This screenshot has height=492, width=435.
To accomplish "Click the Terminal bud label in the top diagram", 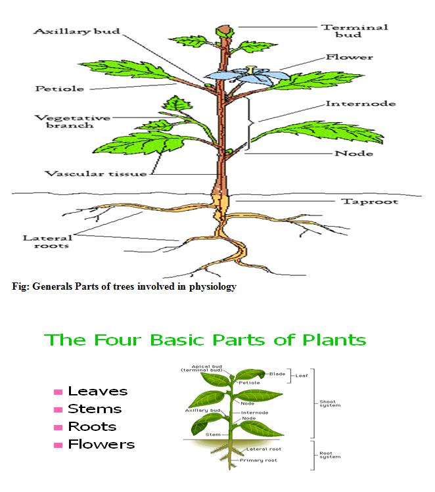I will [x=345, y=30].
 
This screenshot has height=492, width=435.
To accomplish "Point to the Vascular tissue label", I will [x=96, y=174].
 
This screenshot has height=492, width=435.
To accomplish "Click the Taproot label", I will [x=369, y=201].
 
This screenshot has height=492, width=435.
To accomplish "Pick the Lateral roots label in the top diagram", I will [x=47, y=243].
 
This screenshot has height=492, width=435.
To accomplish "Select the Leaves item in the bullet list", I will [x=98, y=391].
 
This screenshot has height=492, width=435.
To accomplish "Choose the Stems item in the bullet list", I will [x=95, y=409].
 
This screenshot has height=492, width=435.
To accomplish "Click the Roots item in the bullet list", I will [x=92, y=427].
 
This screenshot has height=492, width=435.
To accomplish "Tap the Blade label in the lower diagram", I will [x=277, y=373].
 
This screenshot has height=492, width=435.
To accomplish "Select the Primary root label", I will [x=262, y=460].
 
